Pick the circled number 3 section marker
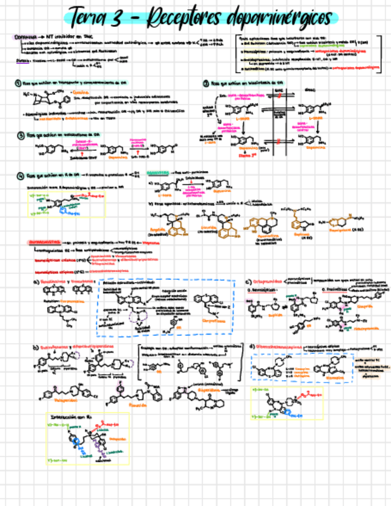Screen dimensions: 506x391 click(20, 135)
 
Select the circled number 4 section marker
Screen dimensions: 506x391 click(20, 175)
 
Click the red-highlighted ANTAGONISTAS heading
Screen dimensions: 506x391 click(45, 242)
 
